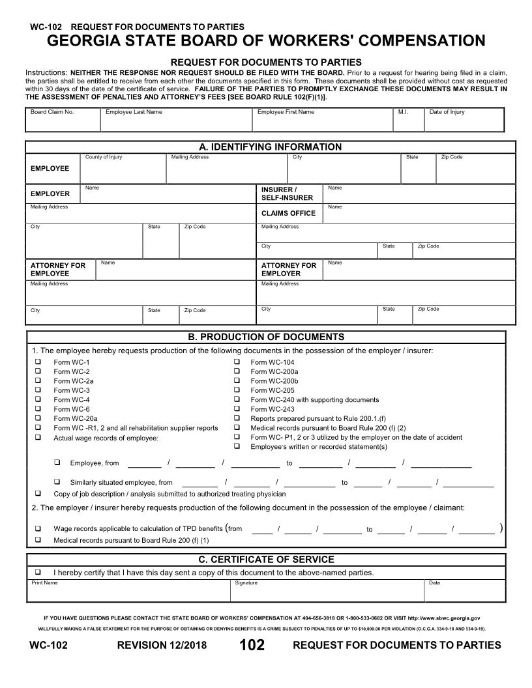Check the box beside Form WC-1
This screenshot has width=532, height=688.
pyautogui.click(x=38, y=362)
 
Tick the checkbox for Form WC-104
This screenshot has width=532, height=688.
pyautogui.click(x=237, y=362)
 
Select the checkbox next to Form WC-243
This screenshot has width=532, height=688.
pyautogui.click(x=237, y=409)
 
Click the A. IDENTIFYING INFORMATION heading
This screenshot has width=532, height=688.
pyautogui.click(x=270, y=147)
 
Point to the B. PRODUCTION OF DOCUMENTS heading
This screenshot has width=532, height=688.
pyautogui.click(x=265, y=337)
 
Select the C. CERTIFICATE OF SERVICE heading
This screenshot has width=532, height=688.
pyautogui.click(x=265, y=560)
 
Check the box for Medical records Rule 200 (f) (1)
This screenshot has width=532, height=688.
pyautogui.click(x=38, y=540)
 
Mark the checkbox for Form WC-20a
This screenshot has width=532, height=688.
pyautogui.click(x=38, y=419)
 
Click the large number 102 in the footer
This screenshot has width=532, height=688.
pyautogui.click(x=252, y=645)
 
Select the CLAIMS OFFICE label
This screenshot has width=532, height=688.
pyautogui.click(x=288, y=213)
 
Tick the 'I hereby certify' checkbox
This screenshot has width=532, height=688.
pyautogui.click(x=38, y=572)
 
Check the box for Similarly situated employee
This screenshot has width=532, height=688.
pyautogui.click(x=57, y=482)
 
